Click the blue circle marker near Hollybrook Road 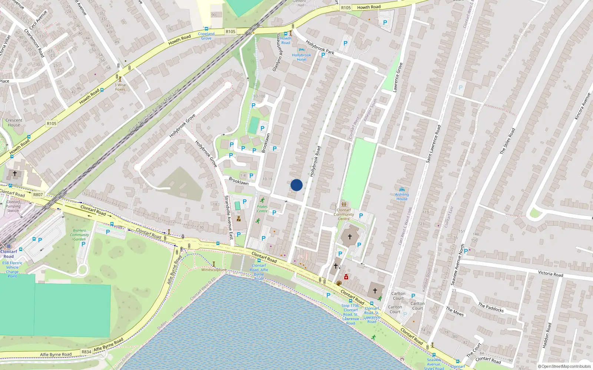point(296,185)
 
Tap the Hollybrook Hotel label point(301,57)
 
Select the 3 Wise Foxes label point(120,87)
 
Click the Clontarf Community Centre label point(344,214)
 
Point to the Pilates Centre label point(262,209)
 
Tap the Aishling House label point(402,196)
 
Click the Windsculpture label point(213,270)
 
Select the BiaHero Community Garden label point(79,235)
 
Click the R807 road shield point(38,194)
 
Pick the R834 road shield point(86,352)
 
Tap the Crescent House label point(14,122)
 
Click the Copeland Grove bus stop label point(206,36)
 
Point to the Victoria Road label point(550,274)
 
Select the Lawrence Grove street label point(398,77)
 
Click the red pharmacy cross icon point(346,277)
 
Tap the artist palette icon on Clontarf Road point(339,283)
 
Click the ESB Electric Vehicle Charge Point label point(12,269)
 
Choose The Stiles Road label point(507,141)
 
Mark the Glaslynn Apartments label point(277,53)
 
